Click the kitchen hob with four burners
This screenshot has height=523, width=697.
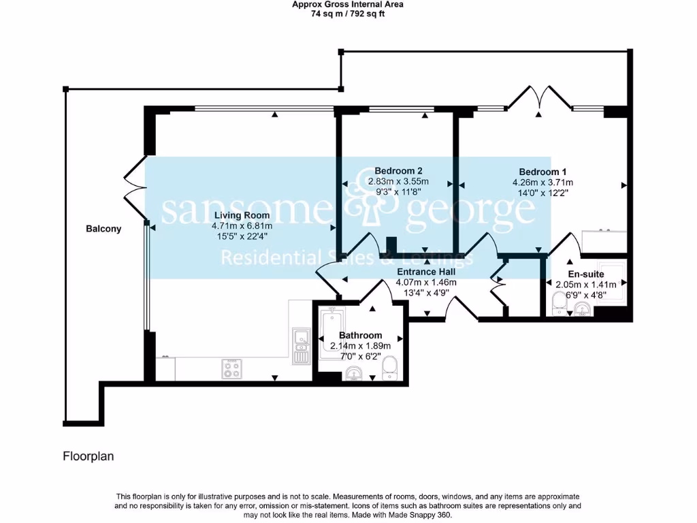[x=231, y=369]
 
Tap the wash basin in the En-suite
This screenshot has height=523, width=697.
[x=582, y=310]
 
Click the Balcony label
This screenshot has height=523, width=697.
[x=103, y=229]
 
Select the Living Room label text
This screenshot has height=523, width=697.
[x=241, y=216]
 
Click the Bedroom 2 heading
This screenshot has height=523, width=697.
[x=398, y=171]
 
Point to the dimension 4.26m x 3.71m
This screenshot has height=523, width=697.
[x=542, y=183]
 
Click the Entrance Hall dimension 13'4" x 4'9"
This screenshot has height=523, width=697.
[x=426, y=294]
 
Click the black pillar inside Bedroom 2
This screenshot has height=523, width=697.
[x=391, y=245]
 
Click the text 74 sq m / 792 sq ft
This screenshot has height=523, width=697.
[x=348, y=13]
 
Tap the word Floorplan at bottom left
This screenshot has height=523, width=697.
[x=88, y=456]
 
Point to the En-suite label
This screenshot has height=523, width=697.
[x=586, y=274]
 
